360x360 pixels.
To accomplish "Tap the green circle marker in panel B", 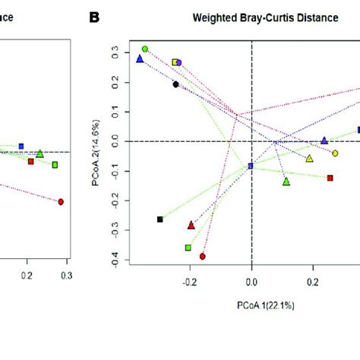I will (145, 49).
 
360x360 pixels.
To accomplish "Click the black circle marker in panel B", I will (175, 84).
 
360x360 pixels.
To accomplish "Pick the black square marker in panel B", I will (160, 219).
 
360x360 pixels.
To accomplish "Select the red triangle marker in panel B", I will (191, 225).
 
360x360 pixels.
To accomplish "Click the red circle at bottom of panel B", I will (203, 257).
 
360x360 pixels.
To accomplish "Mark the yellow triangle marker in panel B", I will (309, 158).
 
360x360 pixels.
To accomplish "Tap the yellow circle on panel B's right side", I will (335, 153).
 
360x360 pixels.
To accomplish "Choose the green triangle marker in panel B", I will (286, 181).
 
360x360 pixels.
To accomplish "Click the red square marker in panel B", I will (330, 178).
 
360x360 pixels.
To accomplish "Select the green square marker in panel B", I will (188, 248).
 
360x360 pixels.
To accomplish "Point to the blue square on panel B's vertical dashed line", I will (251, 166).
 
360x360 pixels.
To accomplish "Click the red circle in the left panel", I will (61, 201).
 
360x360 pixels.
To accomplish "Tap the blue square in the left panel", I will (21, 146).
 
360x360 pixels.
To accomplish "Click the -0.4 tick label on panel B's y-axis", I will (114, 262).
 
